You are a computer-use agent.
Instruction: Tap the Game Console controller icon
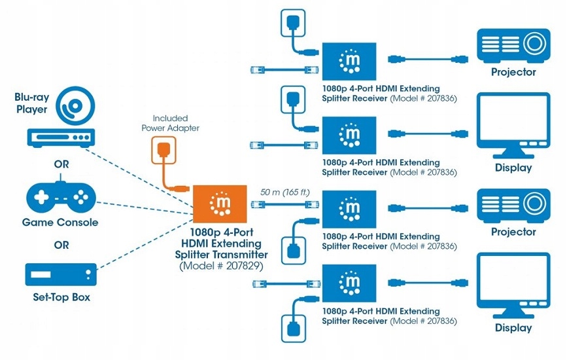pos(60,196)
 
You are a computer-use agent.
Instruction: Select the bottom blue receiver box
pos(349,282)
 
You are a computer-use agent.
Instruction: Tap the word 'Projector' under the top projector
pos(513,72)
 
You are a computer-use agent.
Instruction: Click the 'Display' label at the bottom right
pos(513,328)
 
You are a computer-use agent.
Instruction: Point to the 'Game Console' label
pos(60,222)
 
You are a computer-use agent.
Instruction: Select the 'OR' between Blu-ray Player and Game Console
pos(61,164)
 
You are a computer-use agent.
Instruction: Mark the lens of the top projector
pos(535,44)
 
